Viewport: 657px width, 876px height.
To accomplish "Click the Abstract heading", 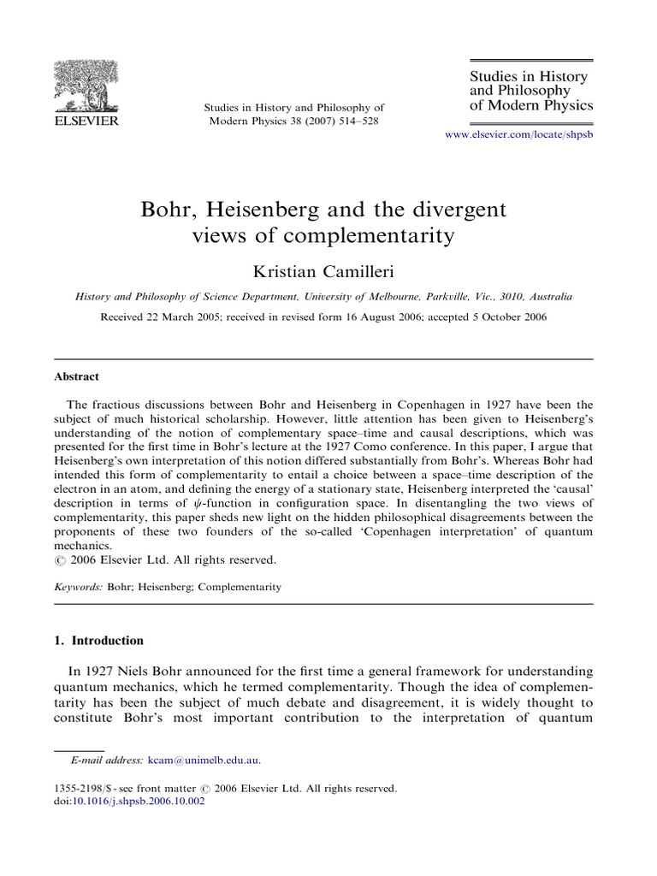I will coord(77,376).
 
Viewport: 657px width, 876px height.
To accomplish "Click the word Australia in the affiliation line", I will coord(547,297).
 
